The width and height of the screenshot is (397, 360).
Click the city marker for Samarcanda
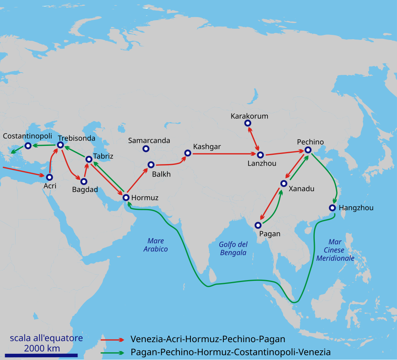[146, 149]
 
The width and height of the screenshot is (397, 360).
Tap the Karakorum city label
[249, 116]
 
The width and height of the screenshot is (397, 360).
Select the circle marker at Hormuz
[126, 197]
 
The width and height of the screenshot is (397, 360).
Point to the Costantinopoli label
[27, 136]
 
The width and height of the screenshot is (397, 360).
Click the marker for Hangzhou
[333, 208]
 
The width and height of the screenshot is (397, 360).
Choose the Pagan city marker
[258, 225]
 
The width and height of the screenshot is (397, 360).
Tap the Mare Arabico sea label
[155, 245]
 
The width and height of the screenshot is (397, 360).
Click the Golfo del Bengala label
[233, 248]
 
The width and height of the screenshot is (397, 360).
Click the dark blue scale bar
[41, 355]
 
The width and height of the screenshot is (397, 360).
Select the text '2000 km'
[42, 348]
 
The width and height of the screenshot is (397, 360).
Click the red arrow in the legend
[112, 339]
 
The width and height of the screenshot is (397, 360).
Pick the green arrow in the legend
[112, 353]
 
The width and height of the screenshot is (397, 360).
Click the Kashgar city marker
[188, 153]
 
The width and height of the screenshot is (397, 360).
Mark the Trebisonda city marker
[60, 145]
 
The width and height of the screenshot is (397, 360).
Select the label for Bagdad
[85, 190]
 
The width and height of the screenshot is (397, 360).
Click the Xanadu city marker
[284, 183]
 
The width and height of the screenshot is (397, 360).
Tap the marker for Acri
[49, 177]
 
